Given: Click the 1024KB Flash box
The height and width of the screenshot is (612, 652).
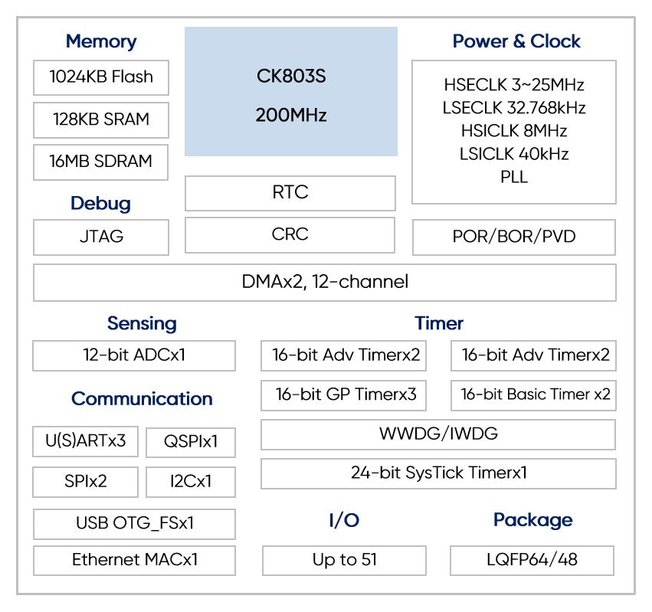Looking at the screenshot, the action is point(101,78).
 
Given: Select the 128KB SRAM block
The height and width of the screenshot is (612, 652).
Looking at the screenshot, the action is point(101,120).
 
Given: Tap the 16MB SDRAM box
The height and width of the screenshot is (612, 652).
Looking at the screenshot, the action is point(100,162).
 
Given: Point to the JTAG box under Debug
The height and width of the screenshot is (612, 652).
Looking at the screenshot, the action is point(101,237).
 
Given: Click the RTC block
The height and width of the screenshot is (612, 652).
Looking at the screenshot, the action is point(290,193).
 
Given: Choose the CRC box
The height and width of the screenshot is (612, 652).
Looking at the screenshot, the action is point(290,235).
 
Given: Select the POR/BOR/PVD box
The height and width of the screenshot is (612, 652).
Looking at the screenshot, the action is point(514,237).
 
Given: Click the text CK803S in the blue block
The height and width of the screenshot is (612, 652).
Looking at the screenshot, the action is point(291,76).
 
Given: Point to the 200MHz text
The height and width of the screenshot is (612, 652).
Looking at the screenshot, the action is point(291,115).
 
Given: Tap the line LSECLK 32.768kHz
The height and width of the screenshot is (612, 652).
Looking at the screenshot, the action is point(514,108).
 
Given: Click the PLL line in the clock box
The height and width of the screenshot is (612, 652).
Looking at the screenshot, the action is point(514,177).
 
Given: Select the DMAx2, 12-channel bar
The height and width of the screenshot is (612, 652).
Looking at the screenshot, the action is point(325,283).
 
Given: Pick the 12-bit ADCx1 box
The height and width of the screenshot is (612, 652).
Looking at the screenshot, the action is point(134,356).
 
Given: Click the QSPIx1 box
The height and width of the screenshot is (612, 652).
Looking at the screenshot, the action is point(191,443).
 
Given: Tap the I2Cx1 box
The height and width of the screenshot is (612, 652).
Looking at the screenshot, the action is point(191,482).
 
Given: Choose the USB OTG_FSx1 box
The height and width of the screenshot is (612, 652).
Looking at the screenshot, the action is point(134,524).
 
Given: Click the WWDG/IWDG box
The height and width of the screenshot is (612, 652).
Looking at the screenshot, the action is point(438,434).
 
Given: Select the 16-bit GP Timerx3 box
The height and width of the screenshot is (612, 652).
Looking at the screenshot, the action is point(343,395).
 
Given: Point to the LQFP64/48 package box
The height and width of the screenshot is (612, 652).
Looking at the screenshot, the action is point(532,561).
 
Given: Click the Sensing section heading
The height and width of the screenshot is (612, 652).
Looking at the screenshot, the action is point(142,323).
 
